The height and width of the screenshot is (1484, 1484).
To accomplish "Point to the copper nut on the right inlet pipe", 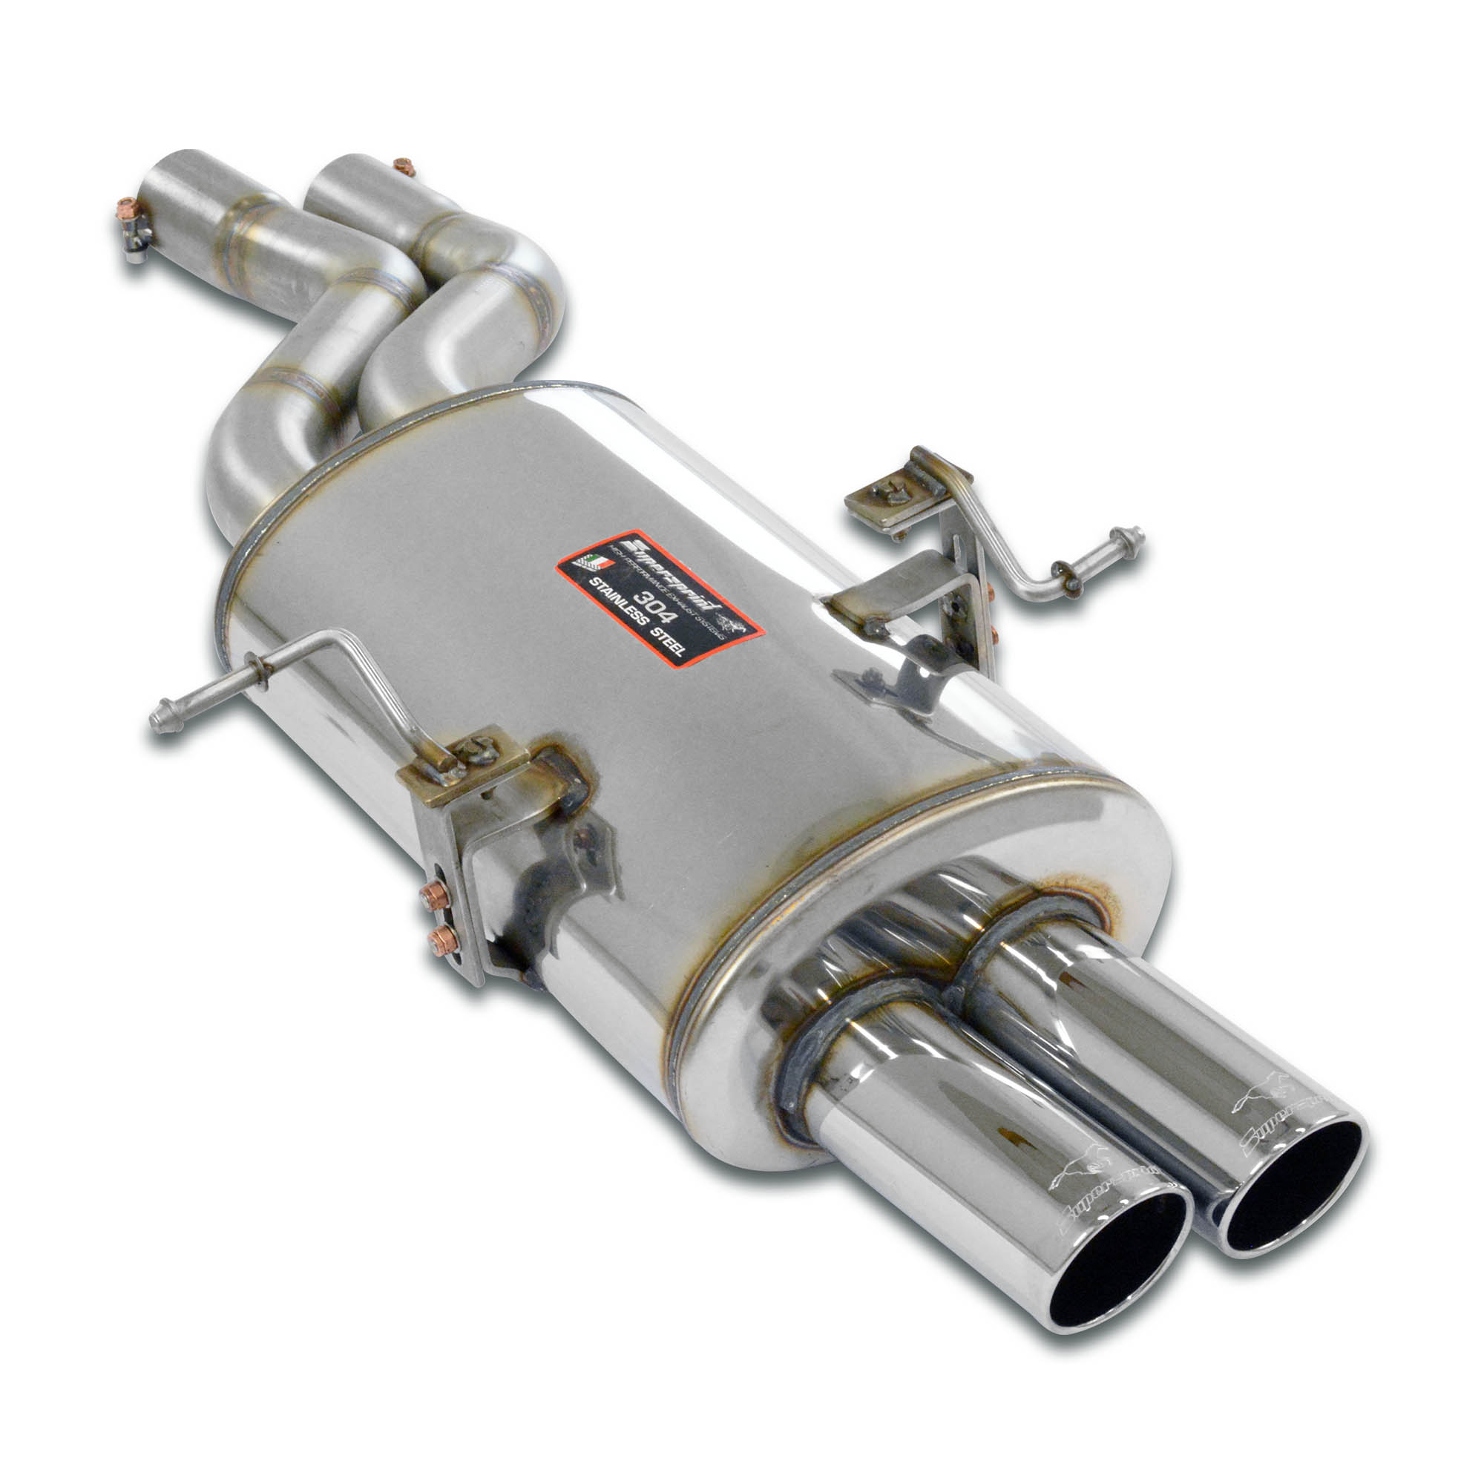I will pos(402,166).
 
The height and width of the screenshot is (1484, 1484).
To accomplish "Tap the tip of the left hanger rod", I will pos(160,720).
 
